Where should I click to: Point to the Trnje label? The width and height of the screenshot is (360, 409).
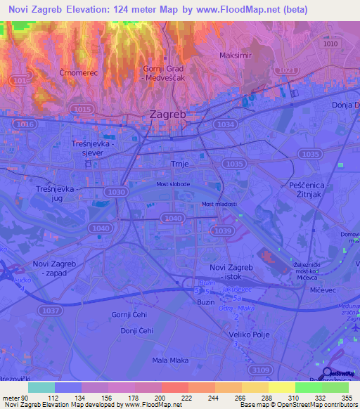click(x=181, y=163)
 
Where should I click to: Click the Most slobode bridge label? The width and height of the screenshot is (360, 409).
click(x=172, y=184)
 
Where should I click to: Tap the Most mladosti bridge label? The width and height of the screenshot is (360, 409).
click(x=219, y=204)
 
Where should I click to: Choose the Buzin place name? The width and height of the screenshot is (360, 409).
click(x=206, y=301)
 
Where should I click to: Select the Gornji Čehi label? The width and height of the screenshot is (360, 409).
click(x=128, y=313)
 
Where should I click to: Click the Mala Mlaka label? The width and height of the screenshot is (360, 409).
click(x=169, y=361)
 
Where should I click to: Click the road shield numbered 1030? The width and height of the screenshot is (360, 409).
click(x=115, y=191)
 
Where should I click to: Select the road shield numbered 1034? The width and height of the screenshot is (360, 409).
click(x=226, y=124)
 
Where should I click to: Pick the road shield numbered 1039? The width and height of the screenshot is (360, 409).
click(x=221, y=231)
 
